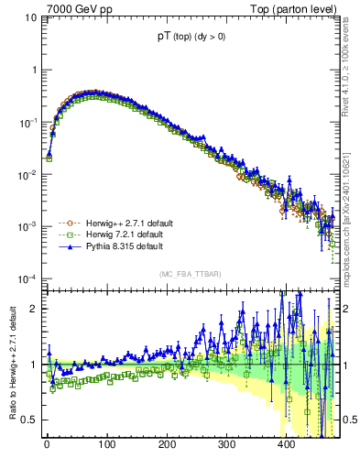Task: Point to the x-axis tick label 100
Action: [x=106, y=444]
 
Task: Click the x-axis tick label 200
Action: [x=167, y=444]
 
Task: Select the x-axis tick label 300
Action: [x=226, y=444]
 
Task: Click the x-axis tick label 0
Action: [x=47, y=444]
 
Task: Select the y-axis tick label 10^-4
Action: [x=27, y=279]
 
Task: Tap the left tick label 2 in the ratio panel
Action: [x=34, y=309]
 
